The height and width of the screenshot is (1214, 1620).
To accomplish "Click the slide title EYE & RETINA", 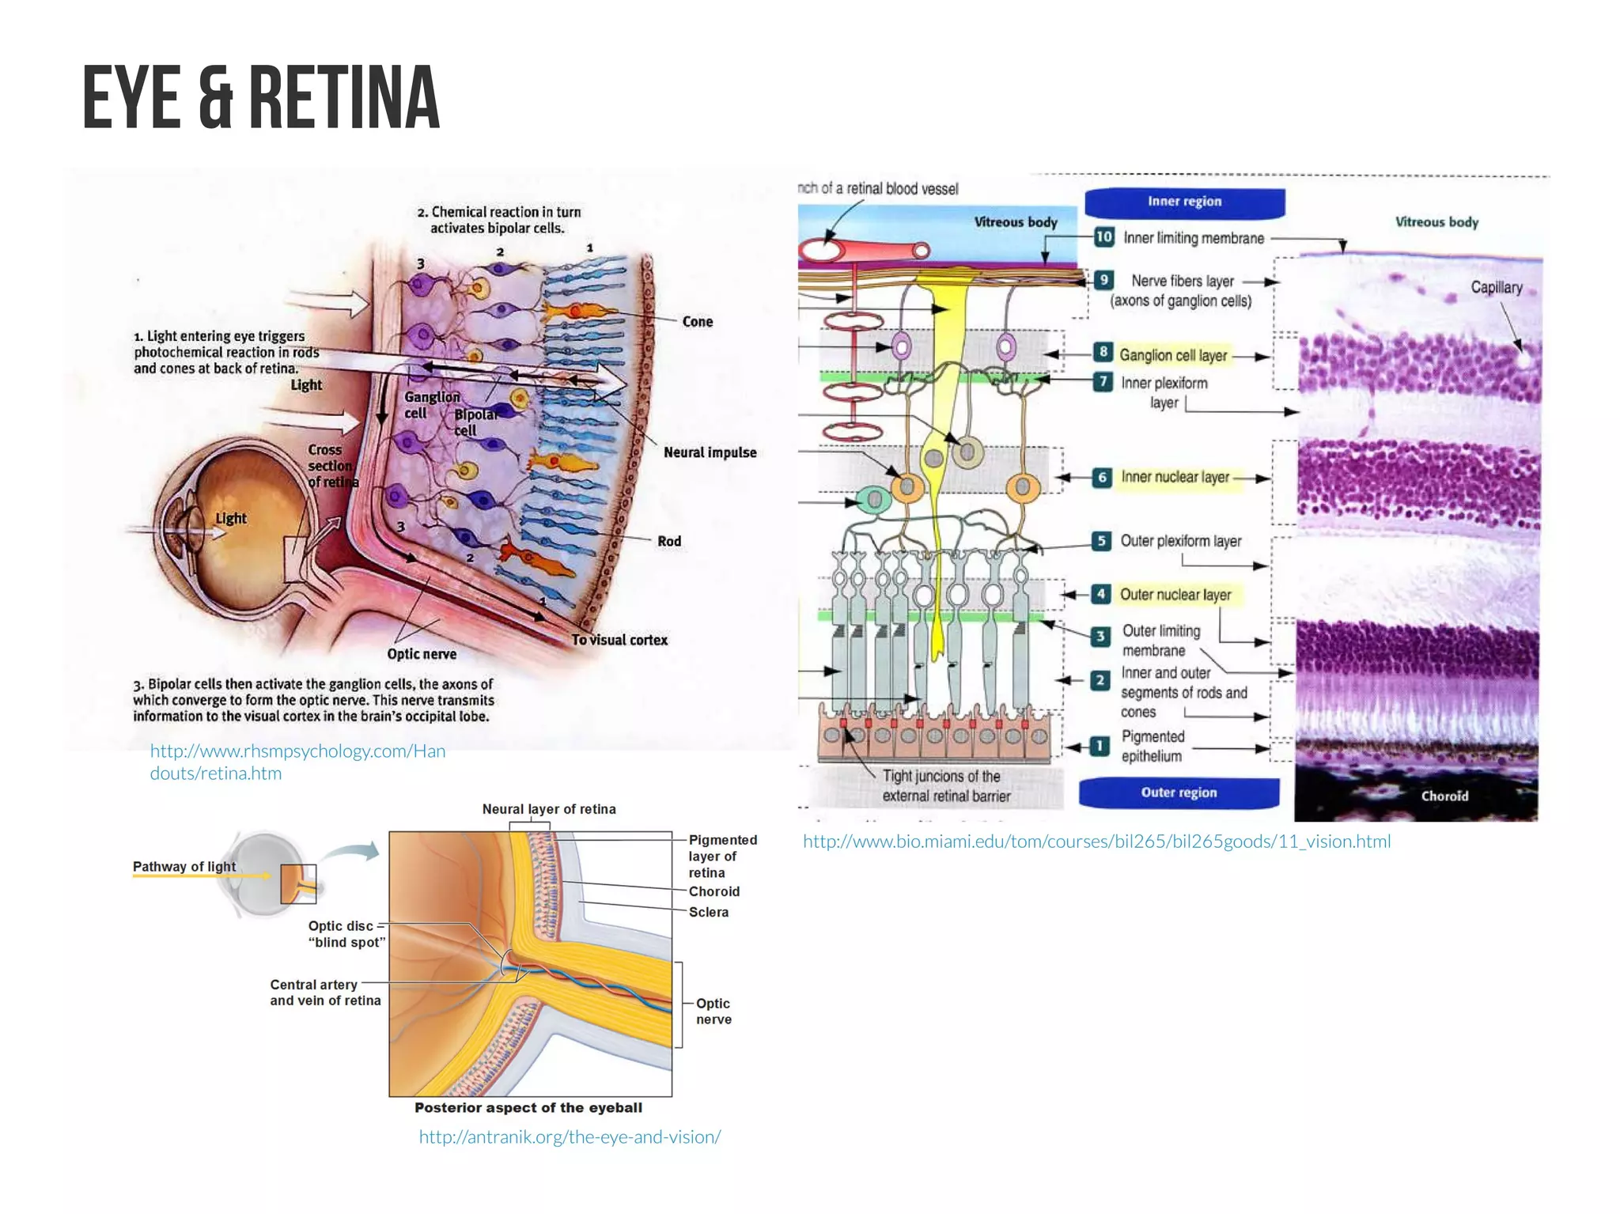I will pos(260,98).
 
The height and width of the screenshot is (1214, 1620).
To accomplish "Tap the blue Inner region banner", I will pos(1184,202).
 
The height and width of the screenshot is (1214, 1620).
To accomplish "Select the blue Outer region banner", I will pos(1179,792).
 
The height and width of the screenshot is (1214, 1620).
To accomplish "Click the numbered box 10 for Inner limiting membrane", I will pos(1103,236).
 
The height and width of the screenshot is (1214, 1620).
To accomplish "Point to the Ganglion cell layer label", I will pos(1173,355).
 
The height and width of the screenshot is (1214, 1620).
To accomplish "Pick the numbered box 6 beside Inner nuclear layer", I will pos(1102,477).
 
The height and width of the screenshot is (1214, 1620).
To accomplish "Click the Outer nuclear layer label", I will pos(1175,594).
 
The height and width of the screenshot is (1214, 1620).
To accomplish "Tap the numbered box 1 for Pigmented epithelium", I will pos(1100,746).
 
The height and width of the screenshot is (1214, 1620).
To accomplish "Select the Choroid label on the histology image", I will pos(1444,796).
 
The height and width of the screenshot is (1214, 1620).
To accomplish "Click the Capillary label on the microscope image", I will pos(1496,287).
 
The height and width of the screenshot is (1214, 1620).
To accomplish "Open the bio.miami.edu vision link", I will pos(1096,841).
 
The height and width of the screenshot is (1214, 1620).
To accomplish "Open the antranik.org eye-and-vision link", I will pos(570,1136).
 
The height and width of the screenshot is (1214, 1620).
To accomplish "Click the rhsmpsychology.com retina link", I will pos(297,762).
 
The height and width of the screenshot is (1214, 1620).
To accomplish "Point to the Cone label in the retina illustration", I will pos(697,321).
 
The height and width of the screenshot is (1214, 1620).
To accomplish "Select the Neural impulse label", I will pos(710,452).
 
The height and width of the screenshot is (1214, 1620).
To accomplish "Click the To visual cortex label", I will pos(619,640).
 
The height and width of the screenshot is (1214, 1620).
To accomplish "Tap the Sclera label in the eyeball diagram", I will pos(708,912).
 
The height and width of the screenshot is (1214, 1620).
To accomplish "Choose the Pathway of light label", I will pos(184,867).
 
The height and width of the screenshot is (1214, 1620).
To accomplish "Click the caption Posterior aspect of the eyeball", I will pos(528,1108).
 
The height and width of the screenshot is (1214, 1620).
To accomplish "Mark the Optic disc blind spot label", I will pos(346,934).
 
